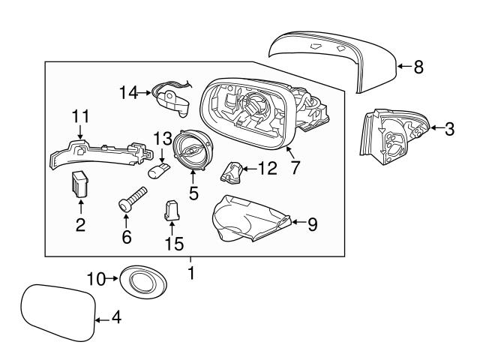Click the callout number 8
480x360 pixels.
418,67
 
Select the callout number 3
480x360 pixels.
449,129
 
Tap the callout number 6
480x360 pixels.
126,238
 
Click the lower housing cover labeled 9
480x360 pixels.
247,221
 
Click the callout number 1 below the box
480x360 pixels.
190,274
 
